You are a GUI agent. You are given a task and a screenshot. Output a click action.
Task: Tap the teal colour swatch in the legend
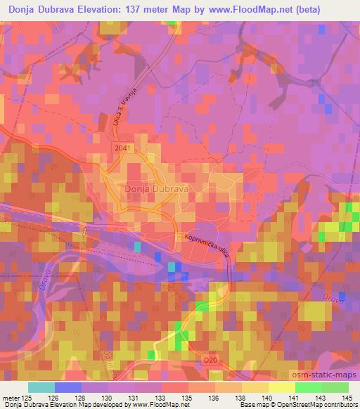click(x=41, y=387)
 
